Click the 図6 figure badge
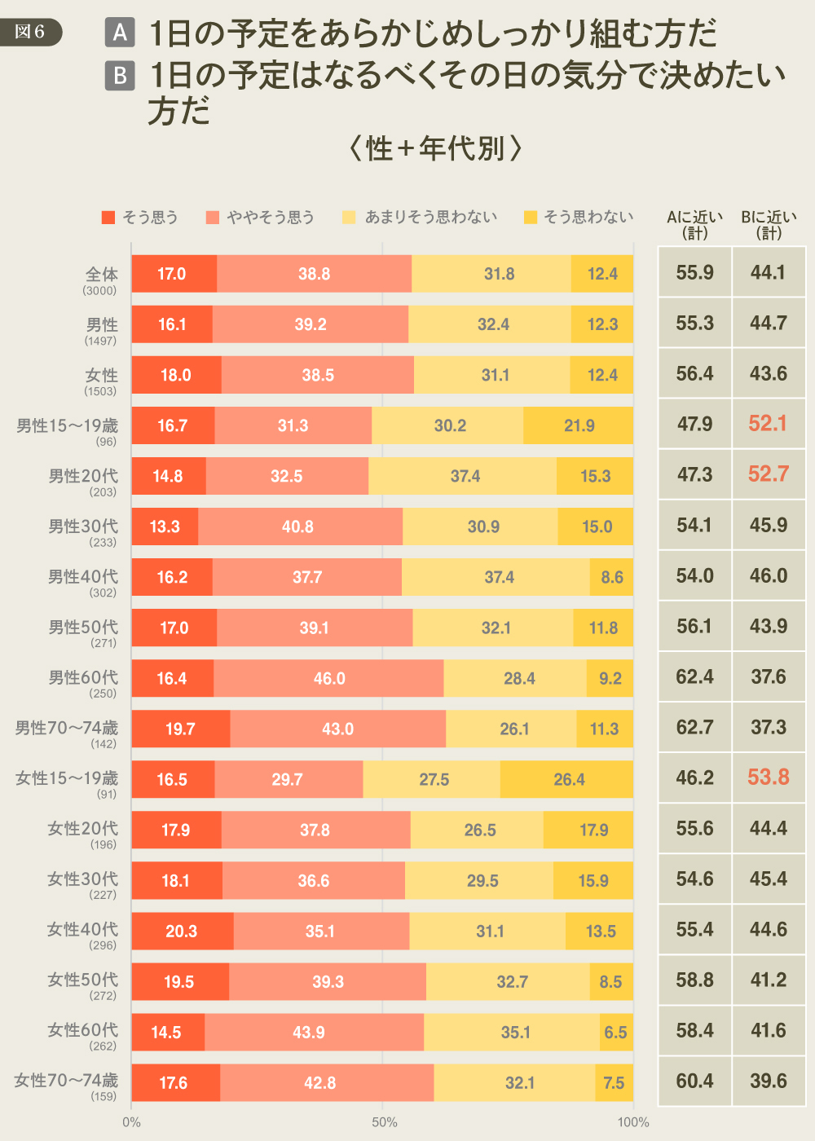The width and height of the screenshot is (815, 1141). pyautogui.click(x=30, y=32)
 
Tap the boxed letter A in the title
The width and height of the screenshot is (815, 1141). pyautogui.click(x=120, y=33)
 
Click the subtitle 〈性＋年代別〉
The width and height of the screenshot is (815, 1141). pyautogui.click(x=435, y=148)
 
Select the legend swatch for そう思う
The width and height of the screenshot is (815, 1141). pyautogui.click(x=108, y=217)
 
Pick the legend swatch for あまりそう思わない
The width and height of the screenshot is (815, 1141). pyautogui.click(x=350, y=217)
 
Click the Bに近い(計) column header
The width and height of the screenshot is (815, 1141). pyautogui.click(x=769, y=224)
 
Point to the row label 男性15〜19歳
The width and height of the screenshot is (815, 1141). pyautogui.click(x=67, y=425)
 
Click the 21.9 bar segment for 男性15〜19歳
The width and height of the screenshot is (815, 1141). pyautogui.click(x=579, y=425)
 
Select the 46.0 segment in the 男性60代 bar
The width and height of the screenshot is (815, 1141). pyautogui.click(x=329, y=678)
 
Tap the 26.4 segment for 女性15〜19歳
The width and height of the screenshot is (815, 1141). pyautogui.click(x=568, y=779)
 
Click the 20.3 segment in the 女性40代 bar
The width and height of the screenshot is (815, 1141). pyautogui.click(x=182, y=931)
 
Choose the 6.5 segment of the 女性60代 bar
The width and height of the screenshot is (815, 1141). pyautogui.click(x=616, y=1032)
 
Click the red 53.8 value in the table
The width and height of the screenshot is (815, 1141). pyautogui.click(x=769, y=778)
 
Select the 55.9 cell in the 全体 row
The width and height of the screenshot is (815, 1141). pyautogui.click(x=694, y=272)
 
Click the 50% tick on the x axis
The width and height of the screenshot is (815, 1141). pyautogui.click(x=384, y=1122)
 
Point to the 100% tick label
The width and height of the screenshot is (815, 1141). pyautogui.click(x=633, y=1122)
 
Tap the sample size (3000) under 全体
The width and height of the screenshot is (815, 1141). pyautogui.click(x=99, y=290)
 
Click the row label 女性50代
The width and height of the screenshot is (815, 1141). pyautogui.click(x=82, y=980)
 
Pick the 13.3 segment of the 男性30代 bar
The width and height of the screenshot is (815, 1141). pyautogui.click(x=165, y=526)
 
